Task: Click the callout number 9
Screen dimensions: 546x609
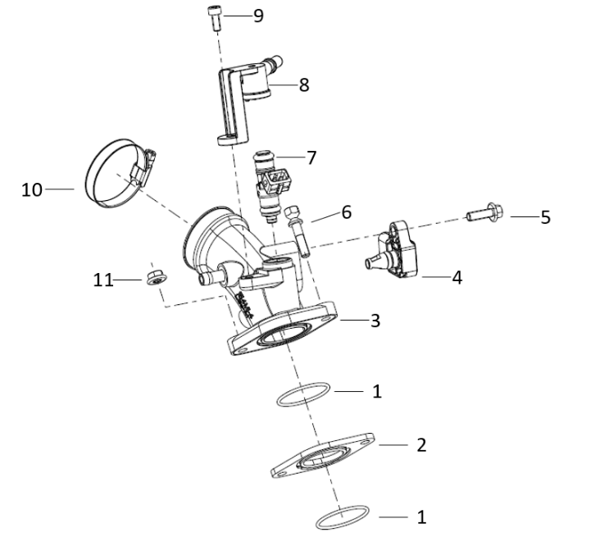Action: point(258,16)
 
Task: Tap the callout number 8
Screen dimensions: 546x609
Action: point(304,84)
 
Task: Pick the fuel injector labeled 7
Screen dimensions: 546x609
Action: point(273,184)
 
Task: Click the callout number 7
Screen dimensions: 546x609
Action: point(311,157)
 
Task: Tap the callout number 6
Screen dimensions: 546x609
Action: point(346,212)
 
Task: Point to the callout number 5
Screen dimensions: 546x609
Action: point(545,217)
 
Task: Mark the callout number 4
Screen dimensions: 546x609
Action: point(457,278)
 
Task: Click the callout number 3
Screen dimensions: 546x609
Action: point(375,321)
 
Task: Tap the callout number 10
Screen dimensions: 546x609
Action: point(32,189)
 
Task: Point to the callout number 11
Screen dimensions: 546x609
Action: point(103,280)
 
